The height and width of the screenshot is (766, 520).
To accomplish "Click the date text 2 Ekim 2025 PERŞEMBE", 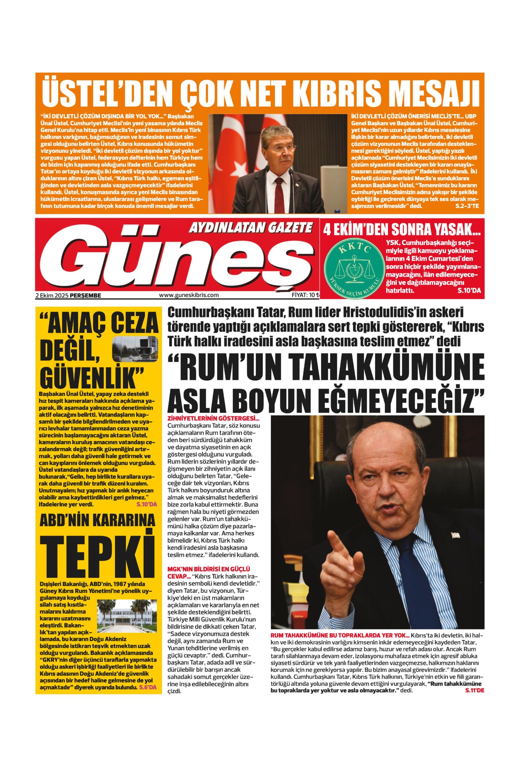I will (x=68, y=295).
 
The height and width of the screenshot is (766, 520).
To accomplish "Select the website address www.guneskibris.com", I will (x=189, y=295).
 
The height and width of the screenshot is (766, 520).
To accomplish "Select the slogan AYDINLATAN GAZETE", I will (x=251, y=227).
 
